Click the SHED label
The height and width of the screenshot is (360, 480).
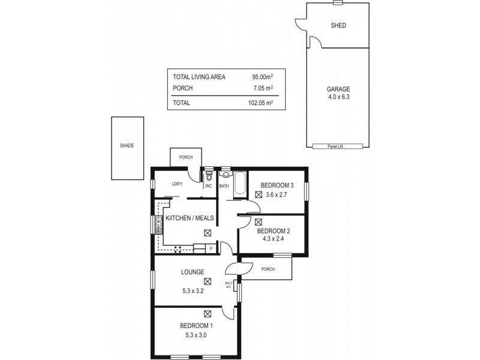338,26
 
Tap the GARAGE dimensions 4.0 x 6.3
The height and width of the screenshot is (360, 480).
338,97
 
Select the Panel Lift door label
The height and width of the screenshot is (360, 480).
338,146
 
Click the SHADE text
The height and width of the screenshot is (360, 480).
127,146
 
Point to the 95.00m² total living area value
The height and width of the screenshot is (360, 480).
263,77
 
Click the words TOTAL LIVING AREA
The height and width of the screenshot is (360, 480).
199,77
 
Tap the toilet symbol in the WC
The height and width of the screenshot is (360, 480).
209,177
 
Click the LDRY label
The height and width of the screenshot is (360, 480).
176,184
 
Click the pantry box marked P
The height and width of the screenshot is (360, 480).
210,248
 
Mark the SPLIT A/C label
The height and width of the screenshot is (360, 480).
229,285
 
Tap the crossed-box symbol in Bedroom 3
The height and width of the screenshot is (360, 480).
259,194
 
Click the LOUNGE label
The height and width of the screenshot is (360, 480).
193,272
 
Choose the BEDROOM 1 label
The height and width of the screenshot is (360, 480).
196,325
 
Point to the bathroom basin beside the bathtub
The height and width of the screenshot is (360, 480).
226,175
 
